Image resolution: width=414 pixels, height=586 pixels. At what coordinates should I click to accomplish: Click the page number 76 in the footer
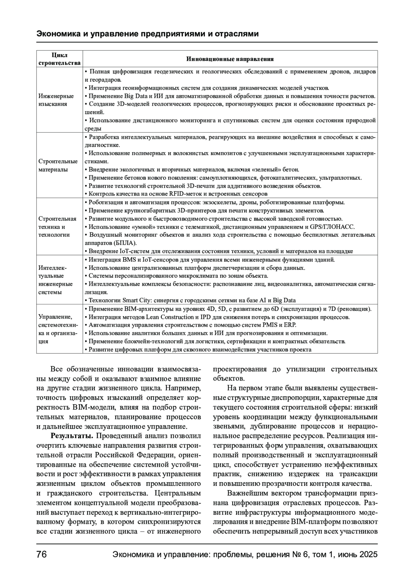[x=42, y=555]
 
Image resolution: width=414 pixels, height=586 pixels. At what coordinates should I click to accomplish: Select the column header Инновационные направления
[x=230, y=59]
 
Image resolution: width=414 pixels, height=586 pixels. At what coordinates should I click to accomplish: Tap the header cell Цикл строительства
[x=59, y=59]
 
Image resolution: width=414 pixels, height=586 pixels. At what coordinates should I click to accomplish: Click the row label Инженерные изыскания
[x=56, y=100]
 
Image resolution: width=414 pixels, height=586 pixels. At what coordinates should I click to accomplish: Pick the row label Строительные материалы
[x=58, y=165]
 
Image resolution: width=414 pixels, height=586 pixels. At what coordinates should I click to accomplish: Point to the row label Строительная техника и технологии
[x=57, y=227]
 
